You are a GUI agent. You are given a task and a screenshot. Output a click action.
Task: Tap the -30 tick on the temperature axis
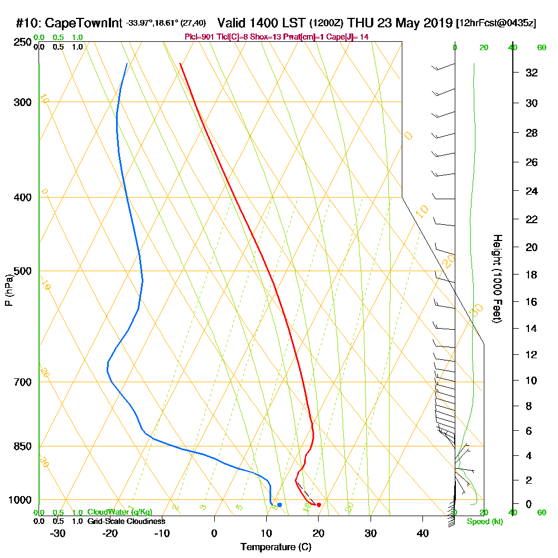click(58, 533)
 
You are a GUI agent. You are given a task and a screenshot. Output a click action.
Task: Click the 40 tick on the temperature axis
click(422, 533)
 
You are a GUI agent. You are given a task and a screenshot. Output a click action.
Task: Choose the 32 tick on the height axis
click(531, 73)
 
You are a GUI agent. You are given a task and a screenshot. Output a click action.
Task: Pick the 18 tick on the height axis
click(531, 275)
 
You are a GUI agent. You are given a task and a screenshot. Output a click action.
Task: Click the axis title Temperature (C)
click(276, 547)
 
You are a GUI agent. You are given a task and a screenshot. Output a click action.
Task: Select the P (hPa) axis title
click(8, 290)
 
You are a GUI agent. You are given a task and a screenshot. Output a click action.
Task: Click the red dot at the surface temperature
click(319, 505)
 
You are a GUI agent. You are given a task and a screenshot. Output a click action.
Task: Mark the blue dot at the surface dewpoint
click(280, 505)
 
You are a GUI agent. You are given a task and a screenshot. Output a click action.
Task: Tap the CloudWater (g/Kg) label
click(119, 512)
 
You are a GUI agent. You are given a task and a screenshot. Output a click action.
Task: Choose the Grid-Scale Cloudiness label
click(126, 521)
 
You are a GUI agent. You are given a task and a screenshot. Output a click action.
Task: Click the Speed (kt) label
click(483, 522)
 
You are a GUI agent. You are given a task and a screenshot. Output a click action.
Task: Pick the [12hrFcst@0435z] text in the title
click(496, 23)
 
